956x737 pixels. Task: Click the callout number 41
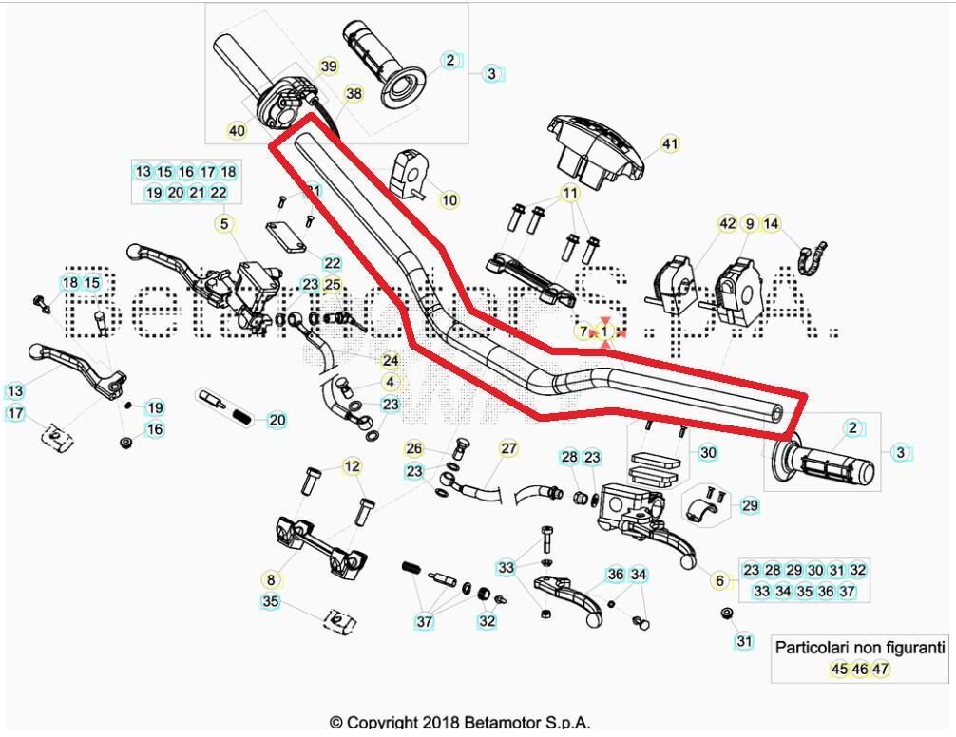(670, 144)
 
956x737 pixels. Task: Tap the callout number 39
(328, 66)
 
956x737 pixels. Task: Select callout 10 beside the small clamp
(449, 200)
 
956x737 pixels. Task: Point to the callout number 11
(570, 194)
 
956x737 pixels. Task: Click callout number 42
(727, 224)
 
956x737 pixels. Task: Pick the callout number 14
(772, 224)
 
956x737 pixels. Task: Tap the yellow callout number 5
(224, 224)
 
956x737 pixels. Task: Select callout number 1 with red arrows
(604, 331)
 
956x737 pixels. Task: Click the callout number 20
(277, 420)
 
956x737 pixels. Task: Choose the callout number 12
(352, 466)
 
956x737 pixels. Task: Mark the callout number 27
(508, 448)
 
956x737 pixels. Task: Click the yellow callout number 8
(271, 578)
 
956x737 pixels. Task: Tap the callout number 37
(424, 622)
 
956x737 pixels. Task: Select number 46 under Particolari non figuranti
(859, 669)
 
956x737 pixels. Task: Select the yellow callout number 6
(719, 581)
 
